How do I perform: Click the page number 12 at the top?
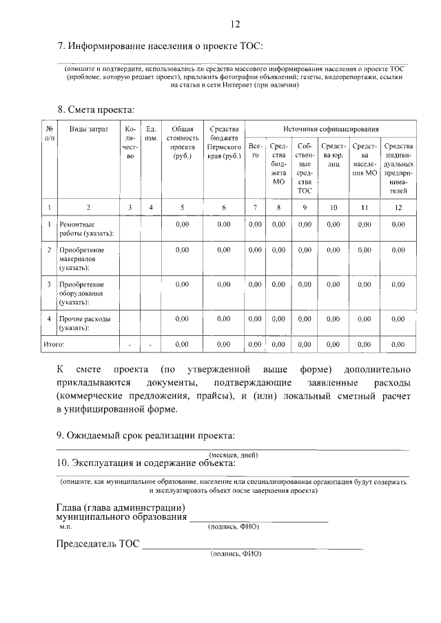234,25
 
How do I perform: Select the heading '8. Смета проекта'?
95,109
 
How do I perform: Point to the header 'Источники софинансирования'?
331,129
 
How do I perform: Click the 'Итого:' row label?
54,343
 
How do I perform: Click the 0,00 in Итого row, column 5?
182,343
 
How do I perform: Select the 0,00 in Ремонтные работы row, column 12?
398,224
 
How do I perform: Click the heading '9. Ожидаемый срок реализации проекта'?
145,435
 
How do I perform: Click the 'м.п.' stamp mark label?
66,527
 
